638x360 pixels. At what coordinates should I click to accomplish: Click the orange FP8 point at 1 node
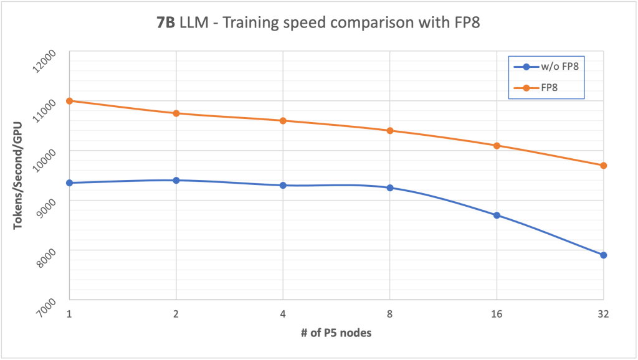click(x=70, y=101)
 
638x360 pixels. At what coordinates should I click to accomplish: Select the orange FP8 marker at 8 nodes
click(x=390, y=131)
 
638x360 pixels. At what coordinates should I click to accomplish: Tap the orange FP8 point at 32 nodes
click(x=603, y=166)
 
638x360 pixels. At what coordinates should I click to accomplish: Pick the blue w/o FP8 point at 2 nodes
click(x=176, y=181)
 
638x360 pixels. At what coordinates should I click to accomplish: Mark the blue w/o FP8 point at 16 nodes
click(x=497, y=216)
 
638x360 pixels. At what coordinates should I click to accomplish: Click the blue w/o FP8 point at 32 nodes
click(x=603, y=255)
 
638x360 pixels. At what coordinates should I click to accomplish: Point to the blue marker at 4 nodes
click(x=283, y=186)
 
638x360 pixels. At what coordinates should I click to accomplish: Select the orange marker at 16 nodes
click(x=497, y=146)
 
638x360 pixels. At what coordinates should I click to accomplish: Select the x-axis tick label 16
click(x=497, y=314)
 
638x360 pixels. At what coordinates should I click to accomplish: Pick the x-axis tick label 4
click(x=283, y=314)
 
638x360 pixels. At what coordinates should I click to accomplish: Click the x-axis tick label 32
click(x=603, y=314)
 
